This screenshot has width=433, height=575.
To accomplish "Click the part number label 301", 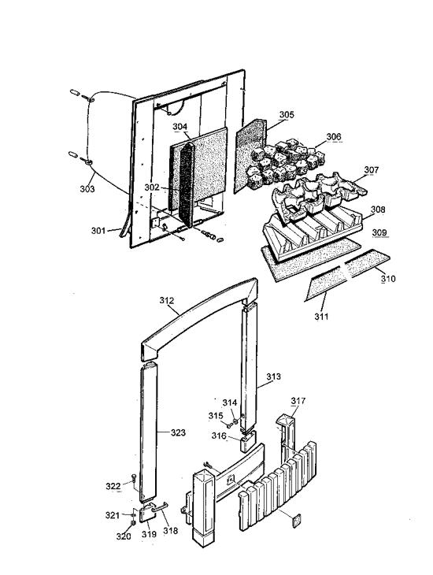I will point(98,231).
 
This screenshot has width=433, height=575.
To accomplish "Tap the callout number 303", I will point(87,189).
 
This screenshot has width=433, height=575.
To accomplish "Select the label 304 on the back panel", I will point(179,127).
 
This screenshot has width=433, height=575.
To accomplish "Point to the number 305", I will point(286,115).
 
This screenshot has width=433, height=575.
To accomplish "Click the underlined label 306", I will point(334,137).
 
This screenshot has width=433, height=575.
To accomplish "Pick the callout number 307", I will point(371,170).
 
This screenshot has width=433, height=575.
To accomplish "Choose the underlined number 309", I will point(379,233).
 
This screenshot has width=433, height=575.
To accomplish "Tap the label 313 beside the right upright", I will point(272,377).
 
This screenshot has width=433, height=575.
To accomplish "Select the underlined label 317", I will point(297,401).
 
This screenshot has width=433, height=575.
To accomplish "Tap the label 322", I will point(113,486).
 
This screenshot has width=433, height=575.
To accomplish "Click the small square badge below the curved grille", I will point(296,520).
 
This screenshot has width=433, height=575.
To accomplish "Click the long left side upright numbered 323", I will point(148,429).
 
